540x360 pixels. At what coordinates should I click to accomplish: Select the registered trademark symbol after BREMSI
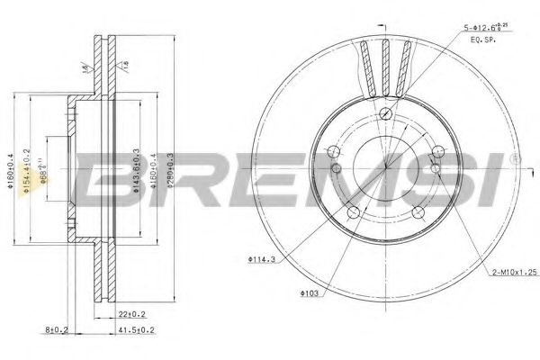click(515, 157)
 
